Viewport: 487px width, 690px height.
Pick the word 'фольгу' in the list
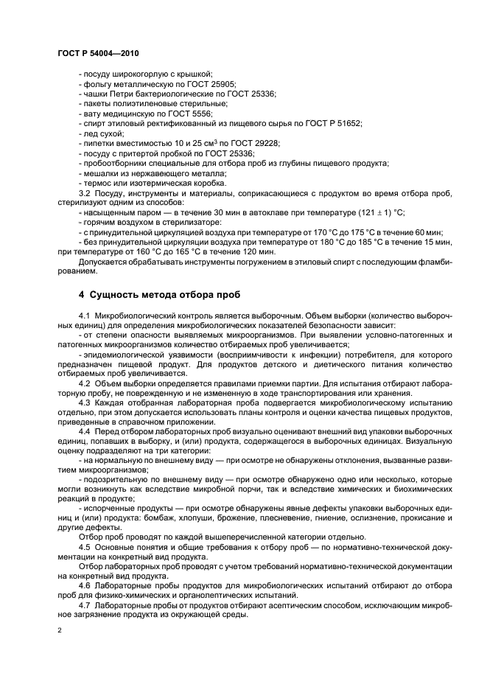96,84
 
